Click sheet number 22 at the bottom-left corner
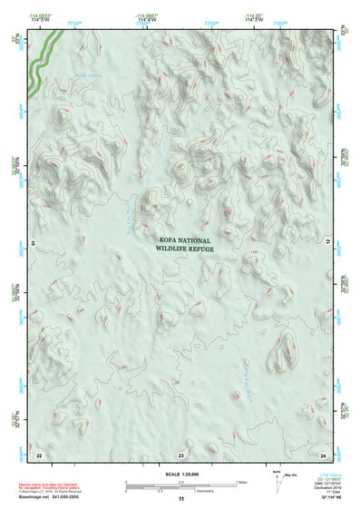(39, 455)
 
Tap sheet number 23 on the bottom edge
(180, 455)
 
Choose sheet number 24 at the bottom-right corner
(323, 455)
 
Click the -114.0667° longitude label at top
(144, 15)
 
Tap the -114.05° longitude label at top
(255, 15)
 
